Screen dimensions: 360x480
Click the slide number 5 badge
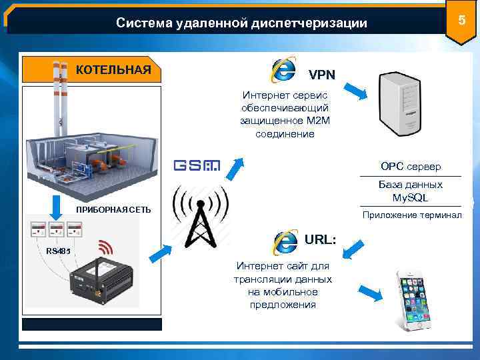click(x=459, y=21)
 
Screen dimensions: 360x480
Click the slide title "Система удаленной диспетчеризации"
click(x=241, y=23)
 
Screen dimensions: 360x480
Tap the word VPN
click(x=321, y=73)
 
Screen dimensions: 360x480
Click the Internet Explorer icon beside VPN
click(x=285, y=69)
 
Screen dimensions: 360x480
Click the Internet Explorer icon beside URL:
click(x=285, y=241)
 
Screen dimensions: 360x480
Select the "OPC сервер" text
click(x=411, y=166)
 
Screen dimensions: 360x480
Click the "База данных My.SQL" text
click(x=410, y=191)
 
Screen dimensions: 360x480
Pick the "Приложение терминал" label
click(x=417, y=215)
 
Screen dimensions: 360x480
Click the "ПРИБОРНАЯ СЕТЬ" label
click(x=113, y=210)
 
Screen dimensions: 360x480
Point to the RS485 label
click(x=59, y=251)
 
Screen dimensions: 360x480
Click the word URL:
click(x=320, y=239)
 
